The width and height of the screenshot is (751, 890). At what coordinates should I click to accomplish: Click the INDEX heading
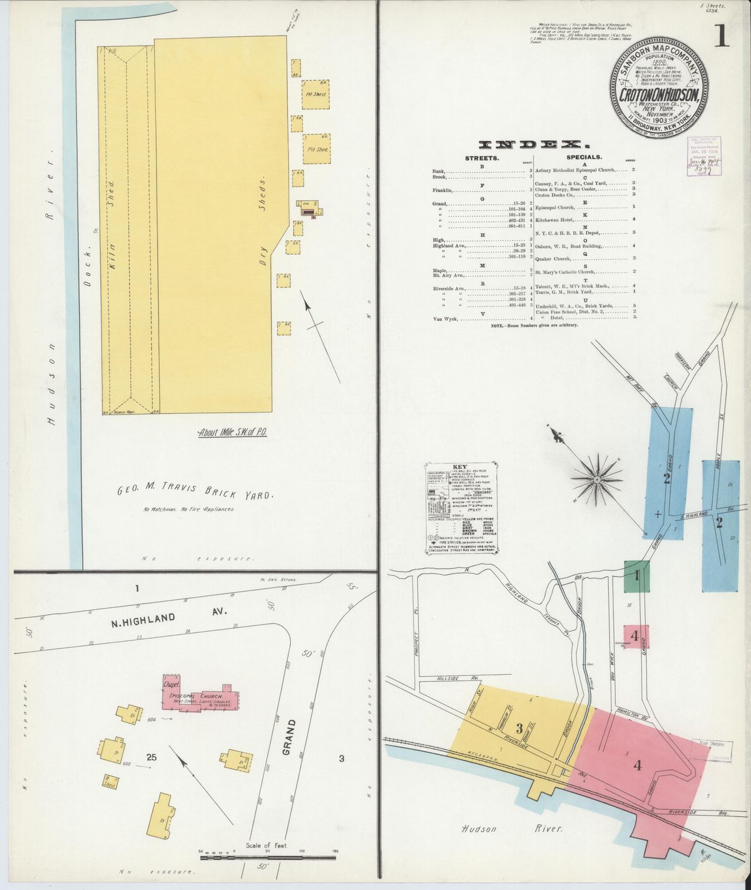(533, 144)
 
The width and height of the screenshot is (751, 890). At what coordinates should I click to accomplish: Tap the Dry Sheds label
(263, 225)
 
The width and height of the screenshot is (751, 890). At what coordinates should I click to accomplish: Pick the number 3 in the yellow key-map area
(519, 728)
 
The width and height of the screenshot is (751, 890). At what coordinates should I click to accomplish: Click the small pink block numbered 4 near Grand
(635, 637)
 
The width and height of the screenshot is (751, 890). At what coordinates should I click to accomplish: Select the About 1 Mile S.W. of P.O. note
(232, 432)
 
